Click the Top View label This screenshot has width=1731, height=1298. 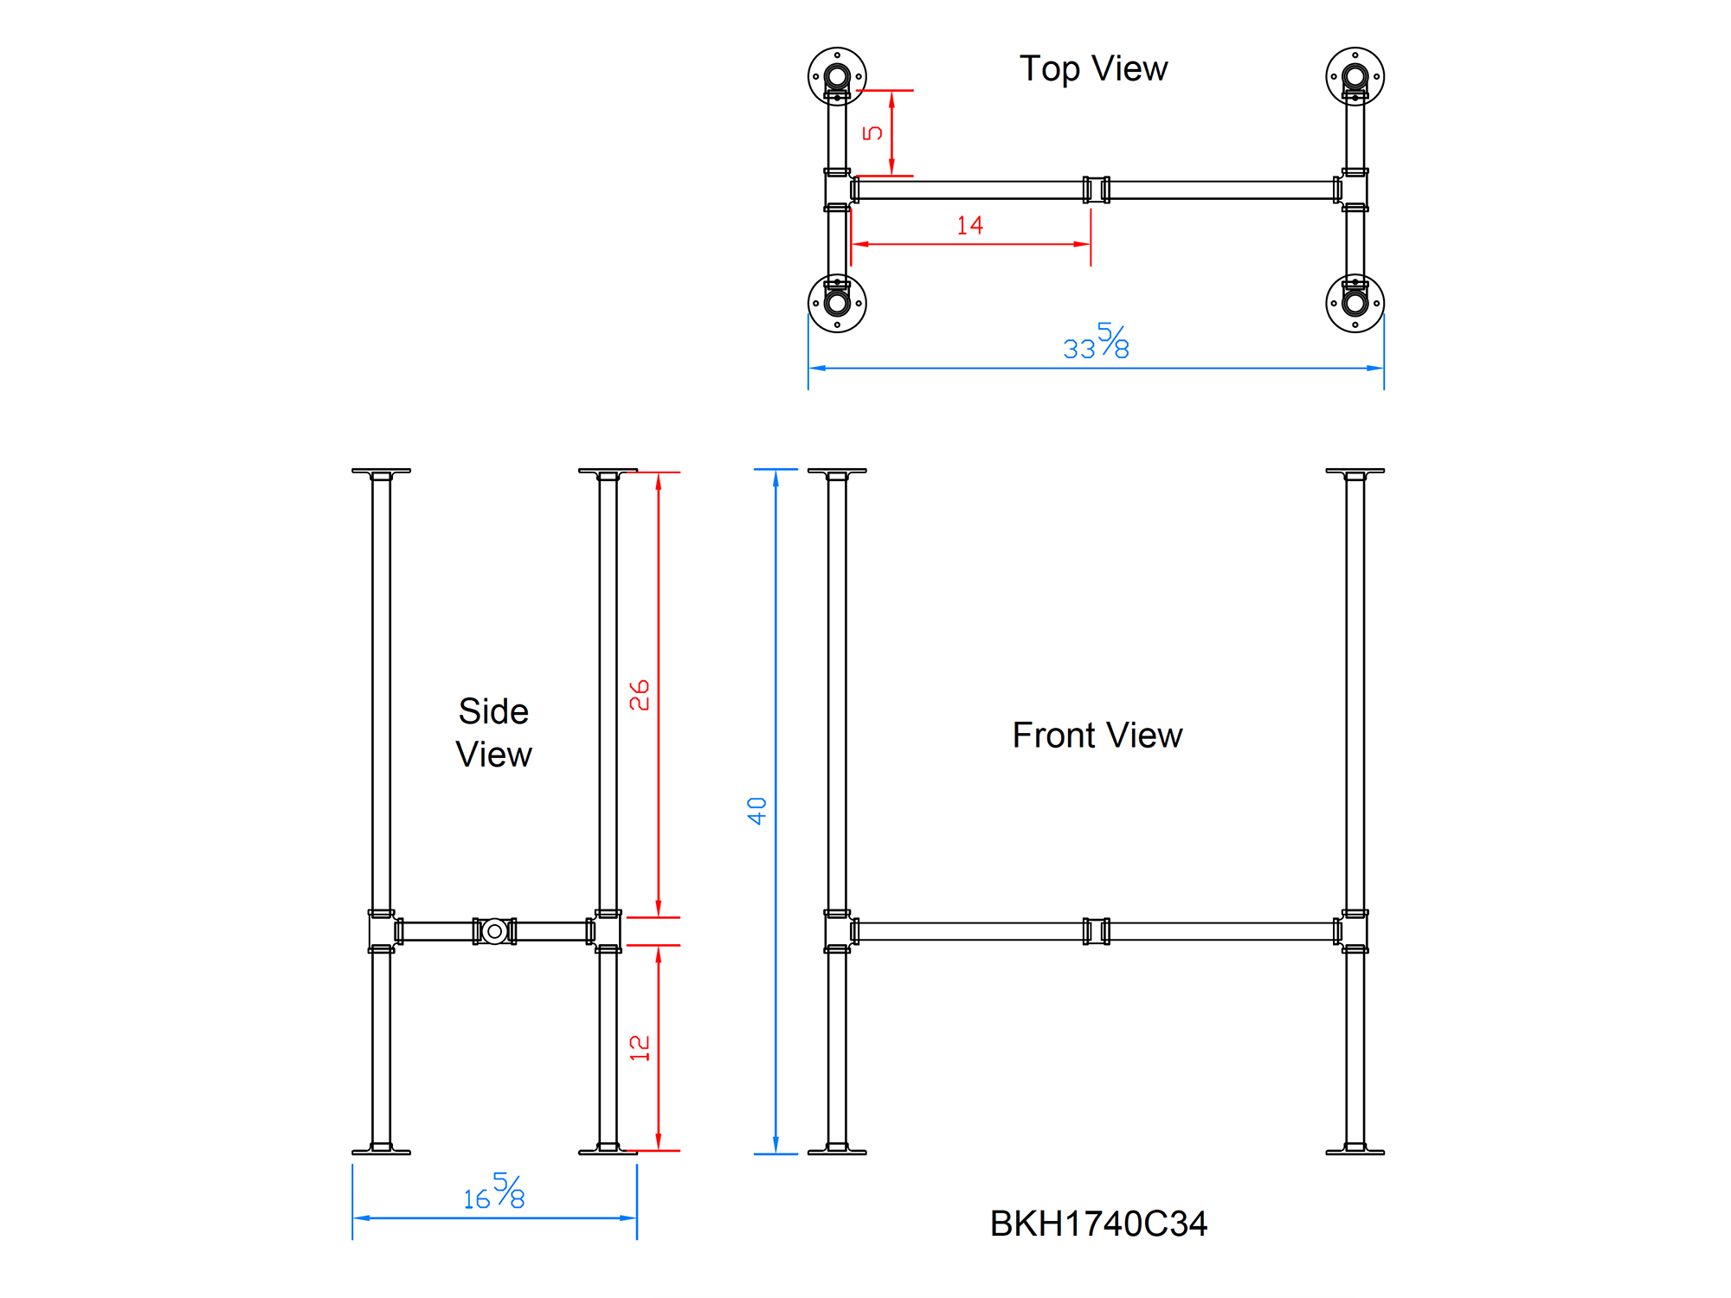click(x=1093, y=68)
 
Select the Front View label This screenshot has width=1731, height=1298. click(x=1097, y=736)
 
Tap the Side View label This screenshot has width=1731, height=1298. click(x=493, y=733)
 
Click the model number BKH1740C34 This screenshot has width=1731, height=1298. click(x=1097, y=1224)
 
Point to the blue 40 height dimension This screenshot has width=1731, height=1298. click(x=757, y=811)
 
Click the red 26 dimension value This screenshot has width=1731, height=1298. click(x=640, y=695)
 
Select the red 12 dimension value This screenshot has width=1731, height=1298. click(x=640, y=1048)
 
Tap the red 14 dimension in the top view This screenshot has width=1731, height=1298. click(x=969, y=226)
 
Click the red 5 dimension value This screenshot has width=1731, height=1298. click(x=872, y=132)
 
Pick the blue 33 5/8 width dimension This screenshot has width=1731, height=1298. click(x=1096, y=343)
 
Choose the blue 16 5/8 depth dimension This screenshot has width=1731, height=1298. click(x=494, y=1192)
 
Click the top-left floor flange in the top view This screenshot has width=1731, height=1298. click(x=837, y=76)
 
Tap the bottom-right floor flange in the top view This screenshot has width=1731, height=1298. click(x=1355, y=303)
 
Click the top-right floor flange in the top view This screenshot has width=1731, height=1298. click(x=1355, y=76)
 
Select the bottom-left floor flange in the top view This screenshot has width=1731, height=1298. click(x=837, y=303)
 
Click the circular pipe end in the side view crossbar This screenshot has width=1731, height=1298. click(x=494, y=931)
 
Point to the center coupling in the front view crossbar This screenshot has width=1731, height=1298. click(x=1096, y=931)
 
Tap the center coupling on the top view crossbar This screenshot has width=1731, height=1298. click(x=1096, y=190)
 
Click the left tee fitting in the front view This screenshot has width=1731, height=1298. click(x=837, y=931)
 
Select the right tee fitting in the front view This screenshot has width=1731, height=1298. click(x=1355, y=931)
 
